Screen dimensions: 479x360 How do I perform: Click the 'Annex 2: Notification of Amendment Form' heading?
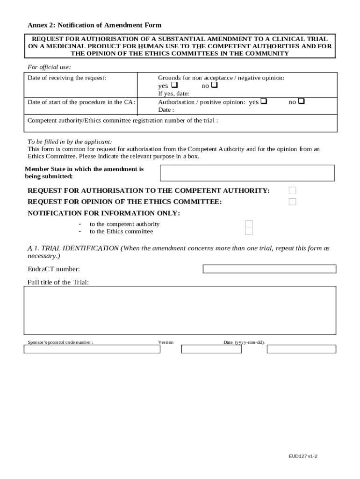coord(94,25)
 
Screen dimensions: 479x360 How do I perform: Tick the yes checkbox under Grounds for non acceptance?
coord(174,86)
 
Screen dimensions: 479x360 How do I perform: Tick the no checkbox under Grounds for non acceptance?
coord(215,86)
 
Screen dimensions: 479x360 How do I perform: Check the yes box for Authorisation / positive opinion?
coord(264,102)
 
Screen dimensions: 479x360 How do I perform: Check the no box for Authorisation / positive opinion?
coord(302,102)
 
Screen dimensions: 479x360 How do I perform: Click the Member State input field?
coord(247,173)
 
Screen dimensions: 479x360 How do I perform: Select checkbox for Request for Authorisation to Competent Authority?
coord(292,190)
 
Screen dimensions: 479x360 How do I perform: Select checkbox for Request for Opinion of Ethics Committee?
coord(292,202)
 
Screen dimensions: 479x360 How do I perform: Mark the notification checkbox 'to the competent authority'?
coord(249,224)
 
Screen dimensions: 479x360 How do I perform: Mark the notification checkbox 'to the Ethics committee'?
coord(249,231)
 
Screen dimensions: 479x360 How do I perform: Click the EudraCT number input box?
coord(269,269)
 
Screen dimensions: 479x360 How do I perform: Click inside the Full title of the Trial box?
coord(180,310)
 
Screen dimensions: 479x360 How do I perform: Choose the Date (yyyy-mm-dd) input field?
coord(301,349)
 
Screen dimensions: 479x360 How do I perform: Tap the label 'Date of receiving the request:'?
coord(67,78)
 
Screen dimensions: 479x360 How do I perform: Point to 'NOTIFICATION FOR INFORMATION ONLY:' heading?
coord(104,213)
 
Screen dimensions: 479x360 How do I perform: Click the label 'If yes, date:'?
coord(173,94)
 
